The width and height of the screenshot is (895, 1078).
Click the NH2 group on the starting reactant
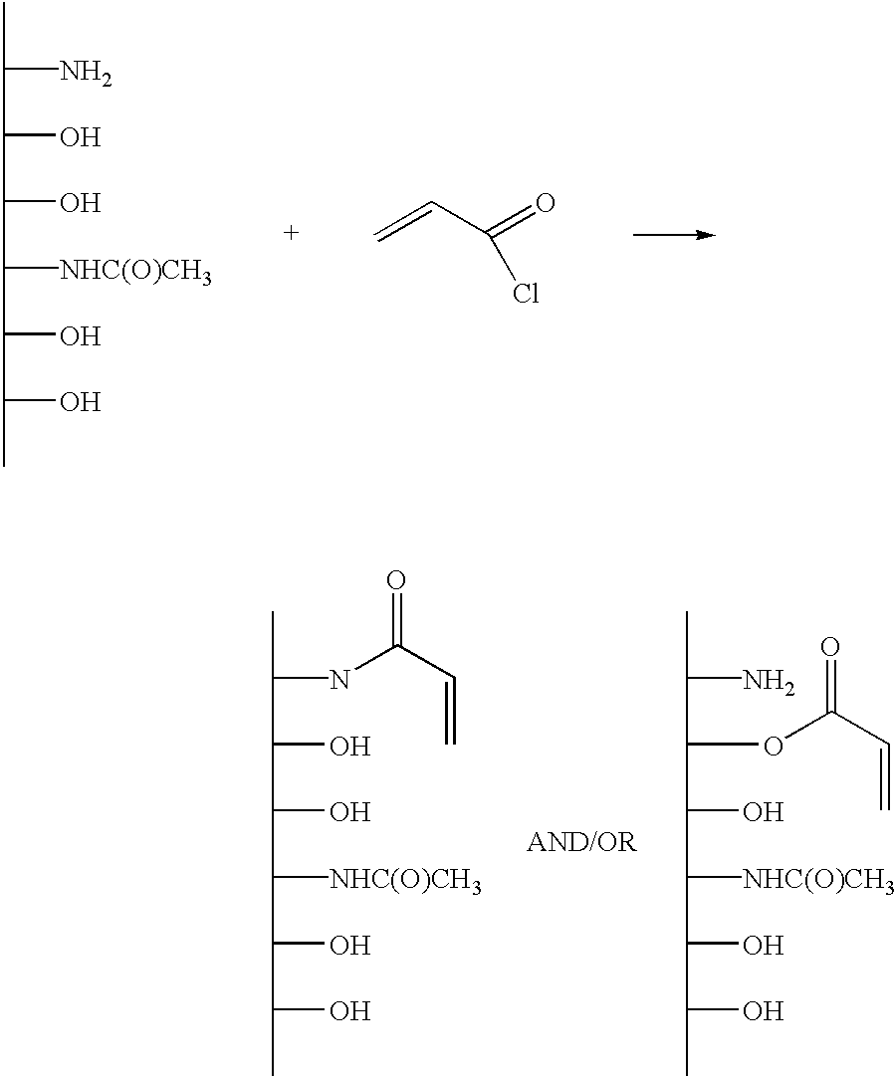click(x=86, y=73)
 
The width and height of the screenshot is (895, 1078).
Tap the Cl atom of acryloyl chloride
click(x=526, y=294)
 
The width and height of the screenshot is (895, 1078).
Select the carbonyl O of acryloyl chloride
click(x=545, y=203)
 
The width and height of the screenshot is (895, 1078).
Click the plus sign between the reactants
click(x=292, y=233)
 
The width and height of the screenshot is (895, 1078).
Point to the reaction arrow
click(x=674, y=235)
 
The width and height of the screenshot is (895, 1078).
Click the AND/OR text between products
click(x=581, y=842)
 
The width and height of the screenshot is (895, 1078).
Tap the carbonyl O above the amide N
click(x=395, y=580)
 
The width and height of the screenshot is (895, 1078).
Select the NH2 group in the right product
click(x=769, y=682)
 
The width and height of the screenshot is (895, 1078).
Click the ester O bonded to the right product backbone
click(x=774, y=746)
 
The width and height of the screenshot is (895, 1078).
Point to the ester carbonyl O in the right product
click(x=829, y=647)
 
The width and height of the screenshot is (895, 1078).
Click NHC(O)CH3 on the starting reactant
click(x=135, y=273)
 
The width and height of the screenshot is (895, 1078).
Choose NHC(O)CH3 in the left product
click(x=405, y=881)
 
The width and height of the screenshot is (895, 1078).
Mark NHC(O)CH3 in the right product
click(x=818, y=881)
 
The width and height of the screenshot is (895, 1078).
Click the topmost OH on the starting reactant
click(x=81, y=137)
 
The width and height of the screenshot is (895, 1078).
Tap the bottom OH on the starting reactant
click(x=81, y=402)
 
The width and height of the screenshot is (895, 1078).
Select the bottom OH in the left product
click(x=349, y=1011)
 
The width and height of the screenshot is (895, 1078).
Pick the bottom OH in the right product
click(x=763, y=1011)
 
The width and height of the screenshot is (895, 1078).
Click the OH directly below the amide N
click(x=349, y=747)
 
